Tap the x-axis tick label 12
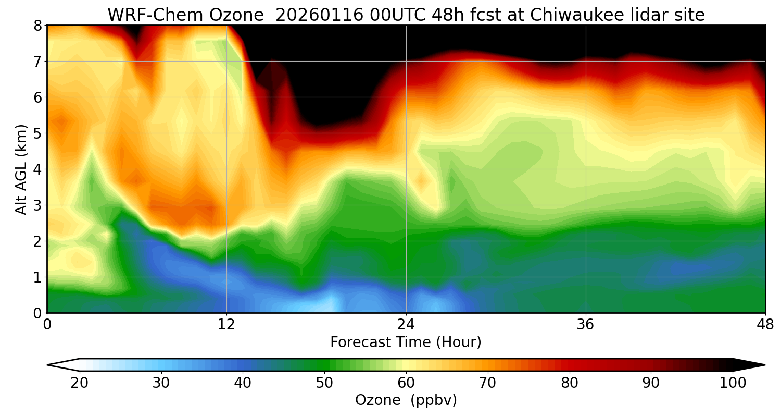coord(226,325)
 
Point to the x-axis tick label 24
coord(406,325)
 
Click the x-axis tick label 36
coord(586,325)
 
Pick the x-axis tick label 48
coord(765,325)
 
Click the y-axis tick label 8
coord(37,26)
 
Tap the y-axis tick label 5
coord(37,133)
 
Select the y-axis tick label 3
coord(37,205)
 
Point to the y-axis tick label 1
coord(37,277)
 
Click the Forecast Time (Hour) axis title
coord(406,342)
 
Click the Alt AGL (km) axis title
coord(21,169)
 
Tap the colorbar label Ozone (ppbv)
coord(406,400)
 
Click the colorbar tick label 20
coord(80,383)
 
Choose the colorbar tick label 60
coord(406,383)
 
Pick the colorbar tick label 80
coord(570,383)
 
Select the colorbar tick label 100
coord(733,383)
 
